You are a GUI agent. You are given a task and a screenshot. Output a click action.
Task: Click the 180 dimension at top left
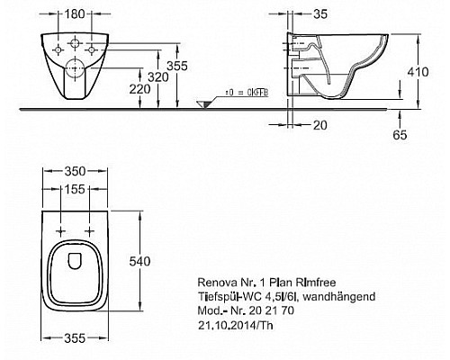(x=75, y=13)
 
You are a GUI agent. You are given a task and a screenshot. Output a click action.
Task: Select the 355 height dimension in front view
(x=177, y=66)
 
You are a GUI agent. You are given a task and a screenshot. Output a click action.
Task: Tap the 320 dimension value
(x=158, y=77)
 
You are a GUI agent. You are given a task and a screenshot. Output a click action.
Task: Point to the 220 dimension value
(x=139, y=89)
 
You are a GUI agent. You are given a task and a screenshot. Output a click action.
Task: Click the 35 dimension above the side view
(x=320, y=14)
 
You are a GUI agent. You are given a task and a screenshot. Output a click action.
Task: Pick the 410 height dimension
(x=418, y=72)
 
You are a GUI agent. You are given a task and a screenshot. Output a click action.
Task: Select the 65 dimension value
(x=400, y=135)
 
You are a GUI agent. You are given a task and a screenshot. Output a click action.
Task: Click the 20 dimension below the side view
(x=319, y=125)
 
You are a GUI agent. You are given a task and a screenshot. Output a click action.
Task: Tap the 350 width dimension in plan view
(x=75, y=171)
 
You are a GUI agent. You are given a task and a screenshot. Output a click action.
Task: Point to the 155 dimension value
(x=75, y=189)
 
